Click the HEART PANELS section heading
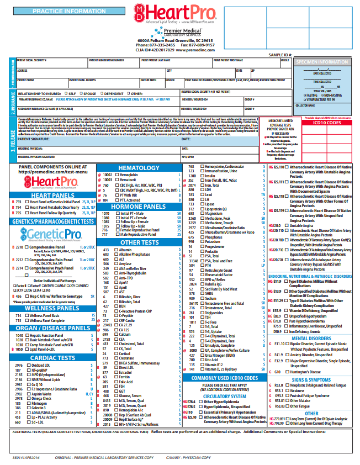pos(52,195)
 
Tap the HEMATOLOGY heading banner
pos(139,167)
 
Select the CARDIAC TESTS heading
pos(52,358)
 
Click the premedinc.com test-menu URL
pos(53,172)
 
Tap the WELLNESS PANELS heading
pos(52,308)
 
